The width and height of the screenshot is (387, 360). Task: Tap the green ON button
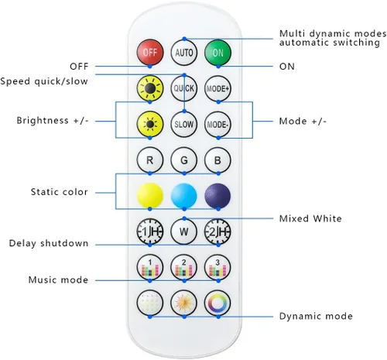(x=217, y=53)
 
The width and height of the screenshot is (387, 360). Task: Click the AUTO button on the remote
(x=184, y=53)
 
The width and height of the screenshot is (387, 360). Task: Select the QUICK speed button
(x=184, y=88)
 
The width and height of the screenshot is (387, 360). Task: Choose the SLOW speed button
(x=184, y=125)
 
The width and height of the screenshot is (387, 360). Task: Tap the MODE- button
(x=217, y=125)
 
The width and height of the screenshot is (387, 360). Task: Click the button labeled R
(x=150, y=160)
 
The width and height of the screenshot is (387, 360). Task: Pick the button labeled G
(x=184, y=160)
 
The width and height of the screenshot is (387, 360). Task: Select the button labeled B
(x=217, y=160)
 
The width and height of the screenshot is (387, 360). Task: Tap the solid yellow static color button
(x=150, y=196)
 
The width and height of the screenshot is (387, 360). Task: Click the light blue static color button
(x=184, y=196)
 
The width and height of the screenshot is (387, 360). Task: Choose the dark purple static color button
(x=217, y=196)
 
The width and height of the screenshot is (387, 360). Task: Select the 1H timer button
(x=150, y=231)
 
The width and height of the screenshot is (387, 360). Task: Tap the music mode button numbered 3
(x=217, y=268)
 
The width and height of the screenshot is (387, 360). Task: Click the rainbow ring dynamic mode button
(x=217, y=303)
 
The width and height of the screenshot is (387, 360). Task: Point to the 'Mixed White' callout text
(x=310, y=218)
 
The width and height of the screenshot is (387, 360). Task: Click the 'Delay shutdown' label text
(x=49, y=243)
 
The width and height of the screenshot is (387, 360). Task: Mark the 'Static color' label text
(x=60, y=192)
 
